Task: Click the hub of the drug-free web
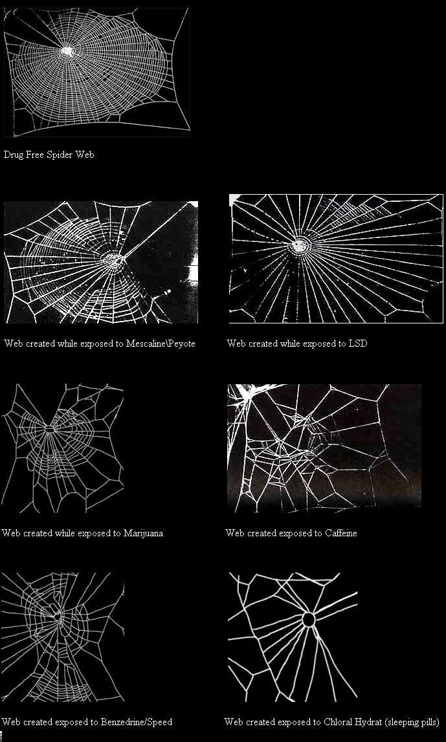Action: click(x=68, y=50)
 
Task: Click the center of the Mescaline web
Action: click(x=114, y=259)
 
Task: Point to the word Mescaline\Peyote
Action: click(x=161, y=344)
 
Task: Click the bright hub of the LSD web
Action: click(x=299, y=246)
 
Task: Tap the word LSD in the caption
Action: click(x=357, y=344)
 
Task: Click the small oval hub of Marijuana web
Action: click(x=50, y=429)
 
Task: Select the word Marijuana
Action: click(x=144, y=533)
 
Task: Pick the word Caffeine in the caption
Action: click(x=341, y=533)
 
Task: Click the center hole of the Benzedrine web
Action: click(x=58, y=617)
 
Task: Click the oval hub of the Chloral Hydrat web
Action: click(x=308, y=620)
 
